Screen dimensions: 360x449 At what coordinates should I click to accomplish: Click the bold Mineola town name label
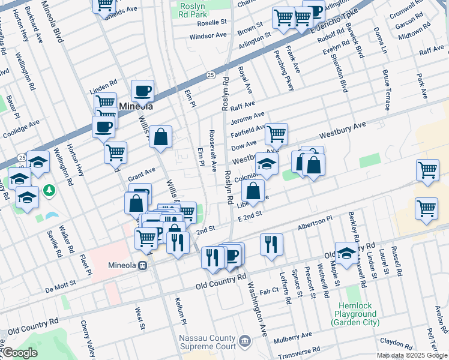(136, 106)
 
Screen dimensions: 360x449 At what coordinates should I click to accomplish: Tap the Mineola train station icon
(143, 266)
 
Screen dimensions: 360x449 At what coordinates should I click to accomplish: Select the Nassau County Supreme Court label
(207, 342)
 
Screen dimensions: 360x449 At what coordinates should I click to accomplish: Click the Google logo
(19, 353)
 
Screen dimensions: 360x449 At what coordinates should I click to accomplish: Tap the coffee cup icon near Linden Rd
(142, 91)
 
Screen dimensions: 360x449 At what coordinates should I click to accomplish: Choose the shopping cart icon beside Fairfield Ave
(276, 134)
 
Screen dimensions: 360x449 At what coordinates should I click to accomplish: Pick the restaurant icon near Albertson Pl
(271, 244)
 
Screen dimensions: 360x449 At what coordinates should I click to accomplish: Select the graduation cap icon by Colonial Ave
(267, 163)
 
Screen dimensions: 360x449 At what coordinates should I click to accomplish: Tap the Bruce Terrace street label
(386, 90)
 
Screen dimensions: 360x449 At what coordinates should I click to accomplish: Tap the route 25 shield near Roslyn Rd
(211, 75)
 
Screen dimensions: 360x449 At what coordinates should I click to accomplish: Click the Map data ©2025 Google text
(412, 355)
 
